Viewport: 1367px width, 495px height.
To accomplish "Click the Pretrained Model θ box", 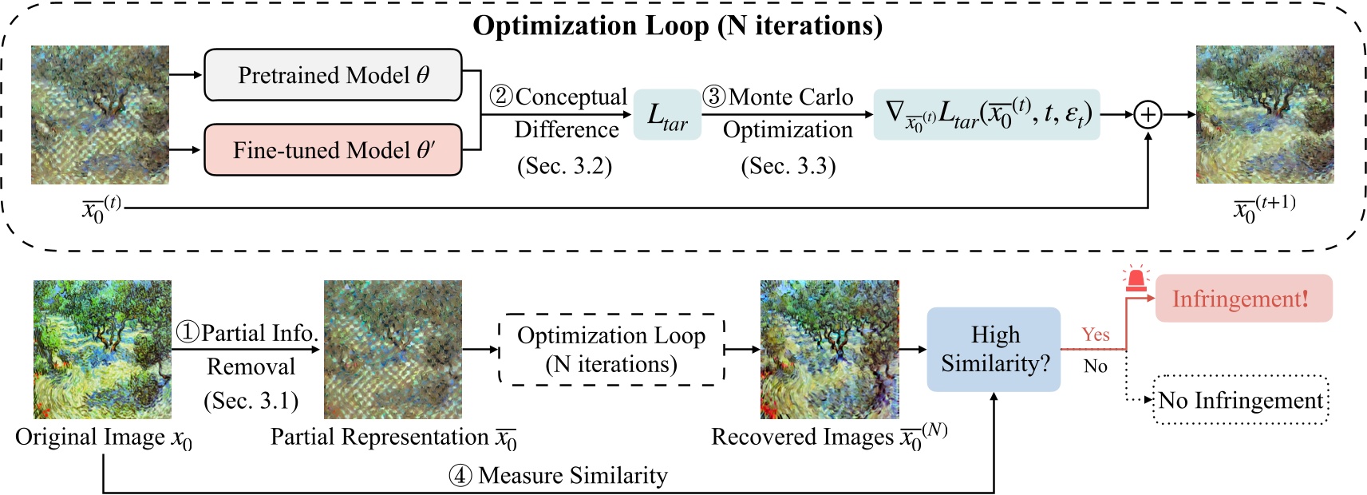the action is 333,75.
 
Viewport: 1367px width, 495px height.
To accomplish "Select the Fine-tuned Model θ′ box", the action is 333,150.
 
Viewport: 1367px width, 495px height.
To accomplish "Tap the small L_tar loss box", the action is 667,115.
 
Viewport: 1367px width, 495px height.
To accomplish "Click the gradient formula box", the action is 987,115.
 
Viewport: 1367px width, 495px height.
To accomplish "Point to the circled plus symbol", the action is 1148,115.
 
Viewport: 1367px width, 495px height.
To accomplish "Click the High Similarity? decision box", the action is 994,349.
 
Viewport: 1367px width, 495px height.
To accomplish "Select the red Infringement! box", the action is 1244,299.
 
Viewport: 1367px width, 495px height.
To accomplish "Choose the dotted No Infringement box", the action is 1241,401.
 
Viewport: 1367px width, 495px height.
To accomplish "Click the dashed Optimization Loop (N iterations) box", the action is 611,350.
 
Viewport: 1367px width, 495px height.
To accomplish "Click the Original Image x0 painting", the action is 102,350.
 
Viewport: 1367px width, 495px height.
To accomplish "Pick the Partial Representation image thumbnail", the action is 393,350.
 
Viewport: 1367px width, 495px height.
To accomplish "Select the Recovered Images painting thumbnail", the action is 829,350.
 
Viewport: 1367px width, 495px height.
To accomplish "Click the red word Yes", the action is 1096,335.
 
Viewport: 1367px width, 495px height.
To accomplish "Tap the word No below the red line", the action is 1096,366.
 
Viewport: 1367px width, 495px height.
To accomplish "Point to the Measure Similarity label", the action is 559,476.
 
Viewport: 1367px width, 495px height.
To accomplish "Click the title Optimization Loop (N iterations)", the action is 678,26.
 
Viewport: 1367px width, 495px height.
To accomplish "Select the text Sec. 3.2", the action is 564,166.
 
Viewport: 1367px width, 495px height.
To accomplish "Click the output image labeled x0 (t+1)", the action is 1265,115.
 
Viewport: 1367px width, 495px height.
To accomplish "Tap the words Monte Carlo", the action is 791,97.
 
